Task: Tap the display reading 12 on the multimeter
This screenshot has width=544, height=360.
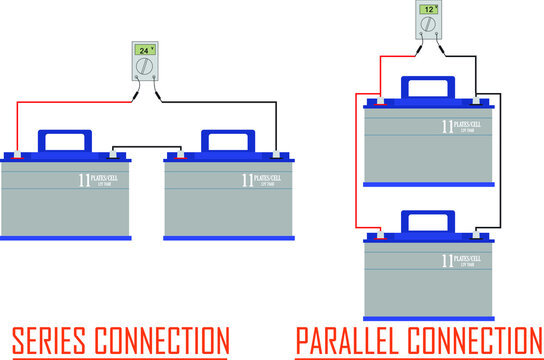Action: [429, 9]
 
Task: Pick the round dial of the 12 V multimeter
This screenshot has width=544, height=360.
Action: [429, 28]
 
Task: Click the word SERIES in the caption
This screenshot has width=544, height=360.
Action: [52, 338]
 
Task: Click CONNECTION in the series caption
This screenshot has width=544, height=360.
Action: [171, 338]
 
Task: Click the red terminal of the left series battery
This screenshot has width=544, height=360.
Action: [19, 155]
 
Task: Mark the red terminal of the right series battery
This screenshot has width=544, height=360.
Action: [180, 155]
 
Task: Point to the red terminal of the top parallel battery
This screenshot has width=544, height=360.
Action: [379, 101]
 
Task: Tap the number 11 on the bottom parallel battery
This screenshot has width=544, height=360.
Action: [447, 260]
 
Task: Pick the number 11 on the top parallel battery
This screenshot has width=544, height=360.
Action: [447, 127]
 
